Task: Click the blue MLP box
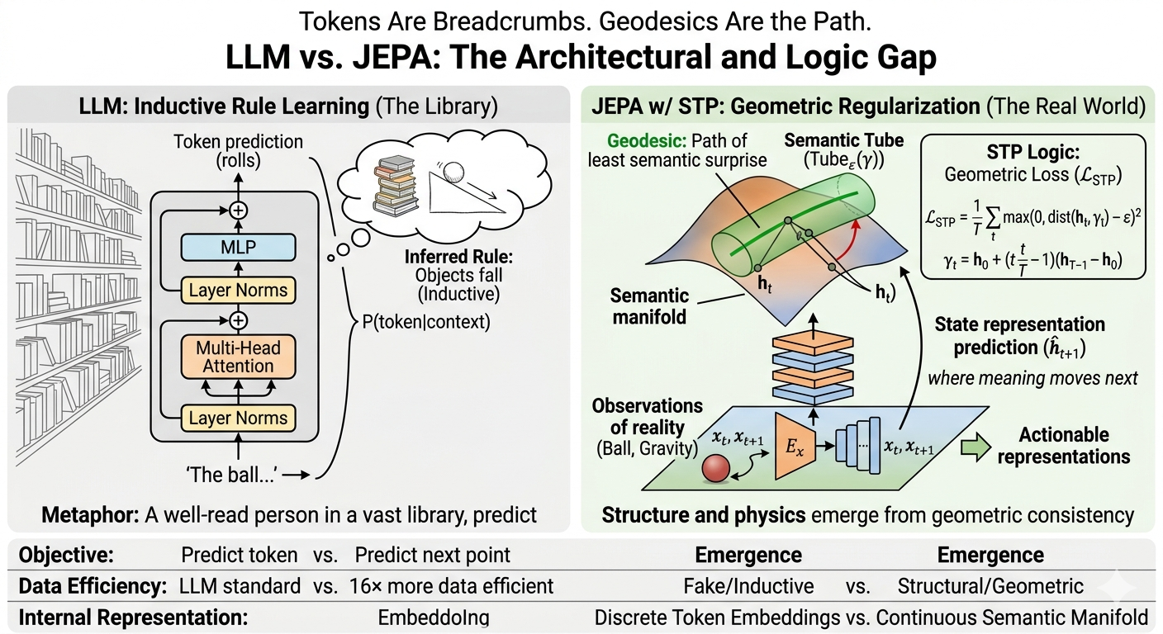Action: tap(239, 247)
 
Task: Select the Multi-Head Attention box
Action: tap(239, 357)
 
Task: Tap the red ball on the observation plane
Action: tap(716, 469)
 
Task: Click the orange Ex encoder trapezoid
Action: tap(795, 446)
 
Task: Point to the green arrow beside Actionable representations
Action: tap(975, 447)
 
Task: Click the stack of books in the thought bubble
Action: tap(396, 187)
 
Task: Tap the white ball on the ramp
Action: tap(453, 172)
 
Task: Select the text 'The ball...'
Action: tap(231, 475)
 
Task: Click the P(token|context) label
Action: tap(426, 322)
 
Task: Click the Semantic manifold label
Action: tap(649, 306)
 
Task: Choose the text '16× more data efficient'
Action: tap(451, 586)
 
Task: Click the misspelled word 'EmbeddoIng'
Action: tap(434, 618)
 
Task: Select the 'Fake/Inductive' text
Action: tap(748, 586)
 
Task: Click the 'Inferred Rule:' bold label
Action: tap(459, 257)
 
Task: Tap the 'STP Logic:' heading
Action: tap(1033, 152)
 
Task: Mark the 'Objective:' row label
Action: tap(66, 555)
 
